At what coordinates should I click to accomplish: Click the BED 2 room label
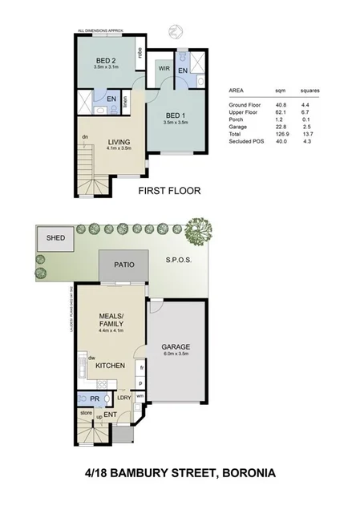click(103, 61)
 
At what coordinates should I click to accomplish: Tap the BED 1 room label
click(174, 115)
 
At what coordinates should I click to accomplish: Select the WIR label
click(164, 69)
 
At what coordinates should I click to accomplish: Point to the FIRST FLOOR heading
click(169, 191)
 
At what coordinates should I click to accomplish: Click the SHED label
click(55, 238)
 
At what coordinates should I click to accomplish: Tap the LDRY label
click(124, 396)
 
